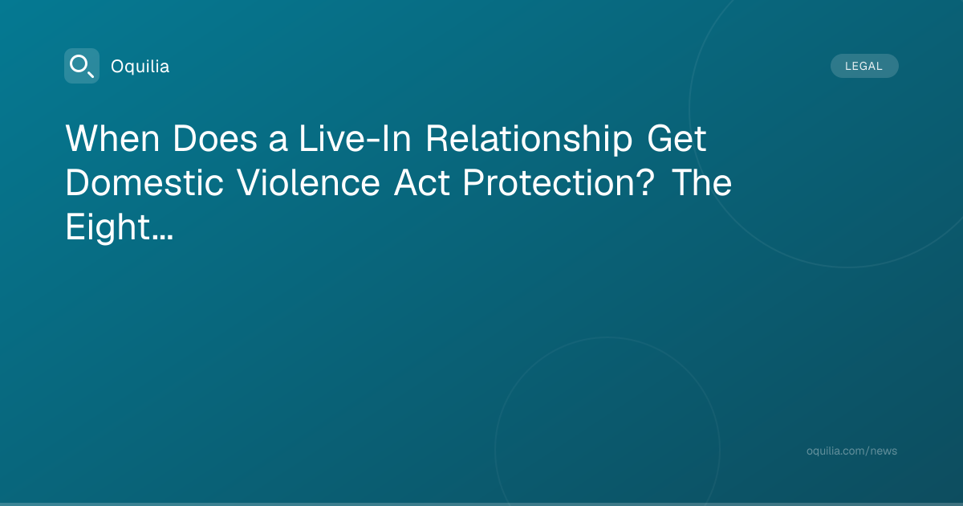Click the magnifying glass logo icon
[82, 66]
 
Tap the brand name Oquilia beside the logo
[140, 66]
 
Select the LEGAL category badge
[864, 66]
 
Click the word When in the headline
[112, 138]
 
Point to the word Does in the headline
[215, 138]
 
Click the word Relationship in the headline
[529, 139]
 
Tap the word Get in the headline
[677, 138]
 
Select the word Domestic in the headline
[144, 182]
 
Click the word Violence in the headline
[308, 182]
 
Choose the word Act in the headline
[422, 182]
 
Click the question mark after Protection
[645, 182]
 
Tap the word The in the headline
[701, 182]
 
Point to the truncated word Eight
[108, 228]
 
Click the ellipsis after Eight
[162, 237]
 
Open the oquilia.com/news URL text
[851, 451]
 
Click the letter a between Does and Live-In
[278, 141]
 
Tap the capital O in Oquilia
[118, 66]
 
